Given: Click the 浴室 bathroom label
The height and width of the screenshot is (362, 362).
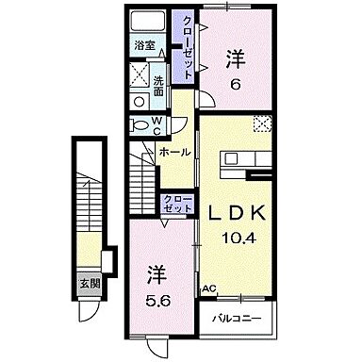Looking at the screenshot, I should click(144, 44).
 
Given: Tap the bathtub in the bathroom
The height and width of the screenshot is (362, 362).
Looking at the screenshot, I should click(146, 23).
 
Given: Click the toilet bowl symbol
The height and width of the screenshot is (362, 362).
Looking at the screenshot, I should click(139, 123).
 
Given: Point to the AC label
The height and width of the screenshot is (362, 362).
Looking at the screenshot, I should click(206, 290).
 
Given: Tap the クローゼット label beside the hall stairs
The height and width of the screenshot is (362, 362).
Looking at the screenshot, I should click(174, 203).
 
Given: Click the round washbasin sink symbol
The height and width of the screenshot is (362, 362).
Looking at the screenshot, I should click(140, 98).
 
